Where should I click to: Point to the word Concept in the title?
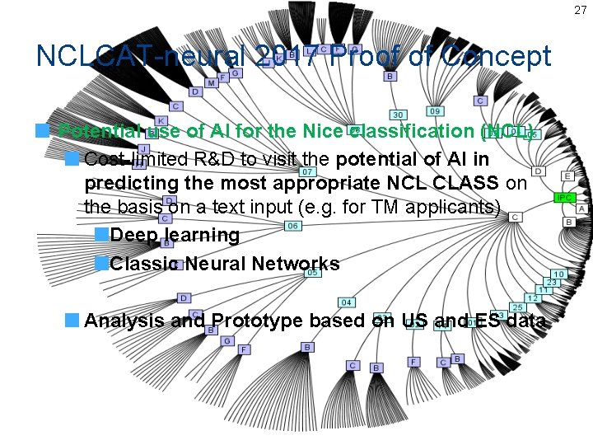[x=495, y=56]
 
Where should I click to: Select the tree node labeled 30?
[x=398, y=115]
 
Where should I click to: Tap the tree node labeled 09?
[x=435, y=110]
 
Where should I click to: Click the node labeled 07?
[x=306, y=171]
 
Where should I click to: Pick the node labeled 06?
[x=292, y=226]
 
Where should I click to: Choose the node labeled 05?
[x=312, y=273]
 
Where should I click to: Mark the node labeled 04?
[x=347, y=302]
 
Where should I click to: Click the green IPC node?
[x=564, y=198]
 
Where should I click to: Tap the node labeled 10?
[x=558, y=274]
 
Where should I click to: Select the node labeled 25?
[x=518, y=307]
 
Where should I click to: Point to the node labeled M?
[x=212, y=82]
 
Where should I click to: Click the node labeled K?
[x=161, y=121]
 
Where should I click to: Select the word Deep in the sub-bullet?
[x=134, y=236]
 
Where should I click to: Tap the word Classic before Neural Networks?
[x=145, y=264]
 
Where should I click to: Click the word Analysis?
[x=124, y=321]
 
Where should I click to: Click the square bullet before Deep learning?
[x=101, y=235]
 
